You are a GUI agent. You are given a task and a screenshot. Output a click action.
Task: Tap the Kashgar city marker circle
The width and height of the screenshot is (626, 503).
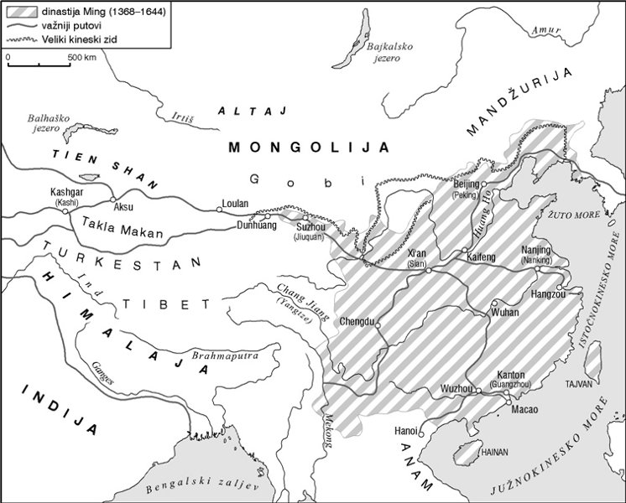click(65, 211)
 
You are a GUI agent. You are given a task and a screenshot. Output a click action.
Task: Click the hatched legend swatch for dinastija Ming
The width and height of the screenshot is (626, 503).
click(18, 12)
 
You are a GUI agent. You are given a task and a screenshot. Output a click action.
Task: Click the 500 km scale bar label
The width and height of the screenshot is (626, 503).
click(81, 57)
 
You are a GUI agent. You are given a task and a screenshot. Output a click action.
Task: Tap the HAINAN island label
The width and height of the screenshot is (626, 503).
click(494, 451)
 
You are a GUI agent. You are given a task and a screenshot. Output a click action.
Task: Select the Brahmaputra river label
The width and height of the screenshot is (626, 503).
click(223, 355)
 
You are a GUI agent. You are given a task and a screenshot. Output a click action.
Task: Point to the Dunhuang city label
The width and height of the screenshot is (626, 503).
click(257, 225)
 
